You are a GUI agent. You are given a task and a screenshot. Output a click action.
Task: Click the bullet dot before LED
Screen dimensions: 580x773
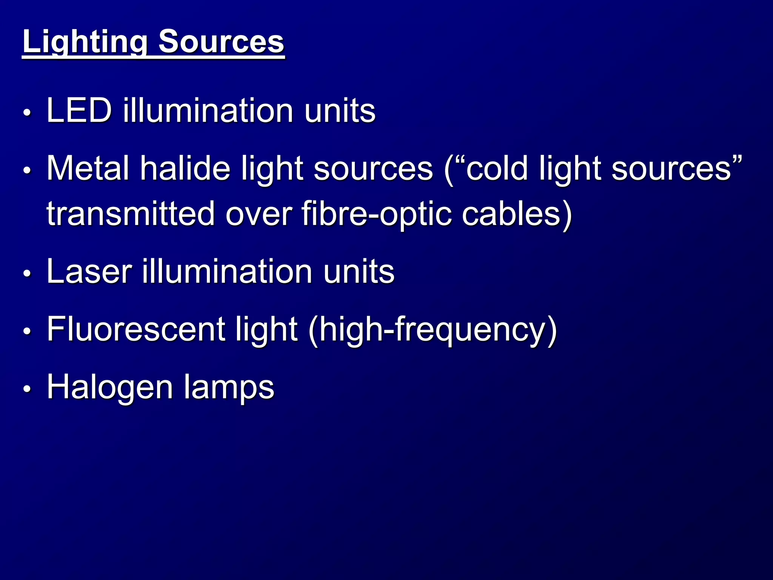[27, 113]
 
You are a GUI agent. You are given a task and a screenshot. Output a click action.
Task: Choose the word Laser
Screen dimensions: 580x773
[89, 271]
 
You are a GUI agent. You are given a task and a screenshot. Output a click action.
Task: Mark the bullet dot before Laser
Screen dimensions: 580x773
[27, 273]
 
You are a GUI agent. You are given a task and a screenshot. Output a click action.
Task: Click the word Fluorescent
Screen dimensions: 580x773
[136, 329]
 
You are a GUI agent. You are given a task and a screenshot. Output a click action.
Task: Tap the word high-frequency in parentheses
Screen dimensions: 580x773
[433, 330]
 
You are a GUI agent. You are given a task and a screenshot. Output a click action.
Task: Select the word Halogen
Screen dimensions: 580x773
[110, 387]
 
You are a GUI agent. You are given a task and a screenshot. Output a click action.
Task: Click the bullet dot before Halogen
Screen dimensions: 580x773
[27, 389]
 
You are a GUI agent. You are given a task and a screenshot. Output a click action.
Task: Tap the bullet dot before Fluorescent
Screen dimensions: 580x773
[27, 331]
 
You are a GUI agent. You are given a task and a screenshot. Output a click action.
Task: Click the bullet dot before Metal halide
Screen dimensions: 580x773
[27, 170]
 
